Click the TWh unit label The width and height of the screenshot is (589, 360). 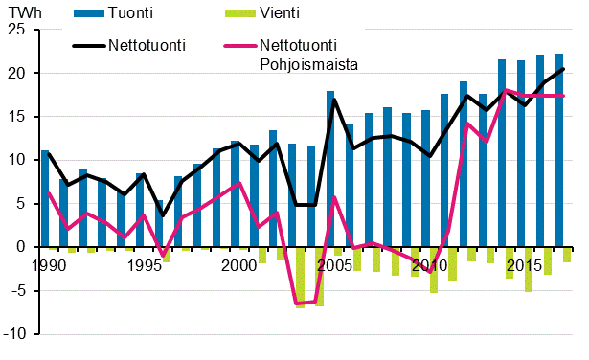pyautogui.click(x=20, y=12)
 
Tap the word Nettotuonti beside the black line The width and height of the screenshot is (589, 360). pyautogui.click(x=147, y=45)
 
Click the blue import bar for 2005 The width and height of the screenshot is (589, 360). pyautogui.click(x=330, y=169)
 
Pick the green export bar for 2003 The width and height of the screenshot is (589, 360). pyautogui.click(x=300, y=277)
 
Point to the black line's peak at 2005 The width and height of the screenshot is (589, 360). pyautogui.click(x=334, y=99)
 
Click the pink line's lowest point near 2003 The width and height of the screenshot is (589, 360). pyautogui.click(x=298, y=304)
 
